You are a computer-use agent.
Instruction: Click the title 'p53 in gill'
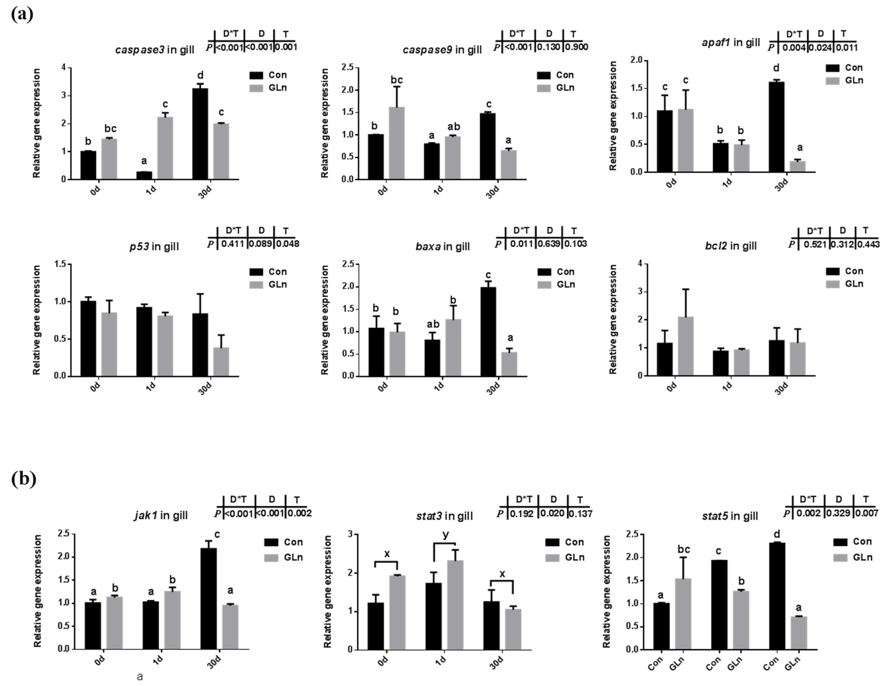coord(154,247)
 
